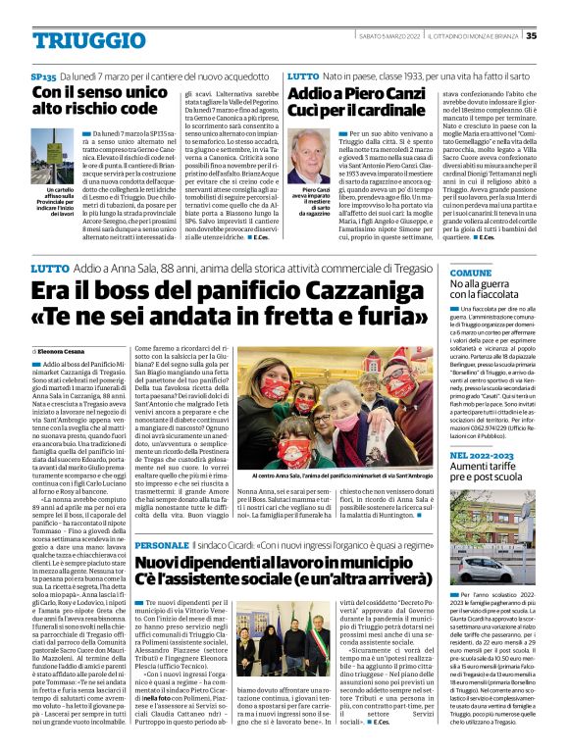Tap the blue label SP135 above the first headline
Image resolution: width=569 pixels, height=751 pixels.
(x=43, y=75)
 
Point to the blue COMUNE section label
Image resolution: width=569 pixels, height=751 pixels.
(x=471, y=272)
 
